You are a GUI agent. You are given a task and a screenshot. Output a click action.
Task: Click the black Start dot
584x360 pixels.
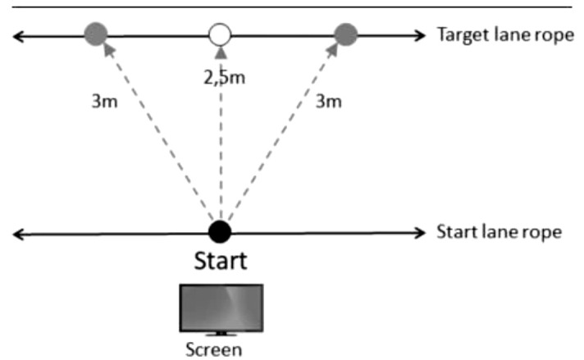(219, 231)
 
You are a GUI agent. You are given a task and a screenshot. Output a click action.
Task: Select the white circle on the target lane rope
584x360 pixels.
(220, 35)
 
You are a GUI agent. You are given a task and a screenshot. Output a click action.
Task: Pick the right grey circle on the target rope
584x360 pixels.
(346, 34)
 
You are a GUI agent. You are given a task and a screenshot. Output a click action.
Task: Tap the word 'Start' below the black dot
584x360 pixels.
(220, 262)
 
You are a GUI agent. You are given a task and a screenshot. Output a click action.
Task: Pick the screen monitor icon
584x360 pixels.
(221, 308)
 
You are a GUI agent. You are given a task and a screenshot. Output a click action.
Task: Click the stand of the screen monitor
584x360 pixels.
(220, 335)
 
